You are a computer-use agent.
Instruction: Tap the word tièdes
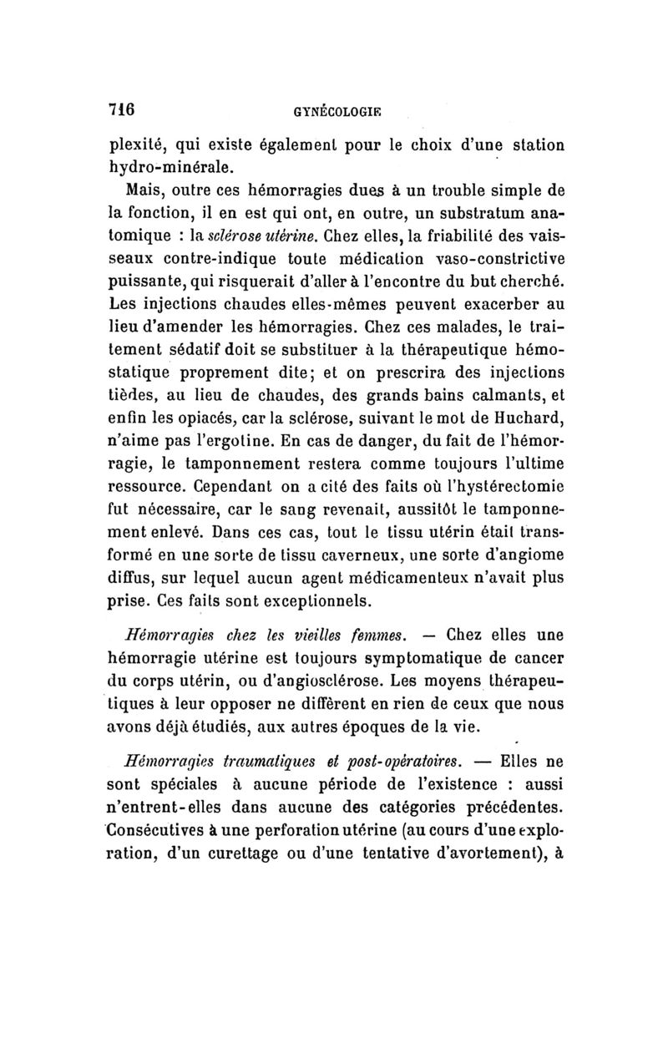(x=134, y=392)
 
